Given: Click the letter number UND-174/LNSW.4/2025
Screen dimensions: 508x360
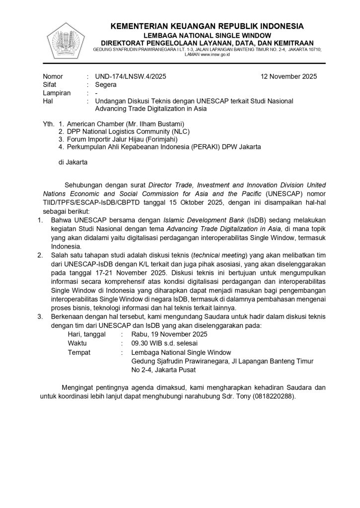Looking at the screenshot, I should click(x=131, y=76).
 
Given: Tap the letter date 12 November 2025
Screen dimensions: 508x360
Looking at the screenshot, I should click(x=288, y=76).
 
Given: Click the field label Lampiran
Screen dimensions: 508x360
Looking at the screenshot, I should click(x=57, y=92).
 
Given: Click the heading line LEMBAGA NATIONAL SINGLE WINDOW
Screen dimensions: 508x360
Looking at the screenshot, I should click(x=207, y=35).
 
